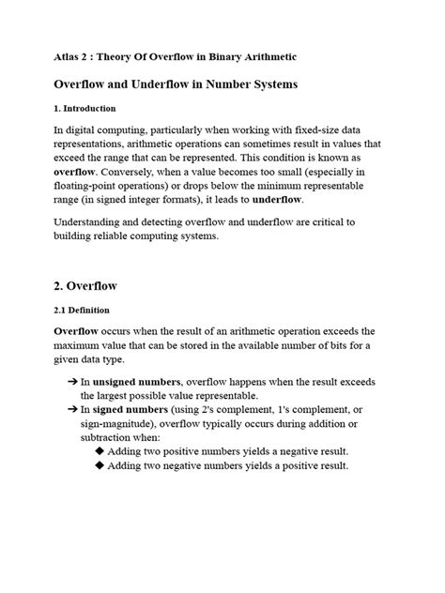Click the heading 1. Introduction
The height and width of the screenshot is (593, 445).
[x=84, y=109]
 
